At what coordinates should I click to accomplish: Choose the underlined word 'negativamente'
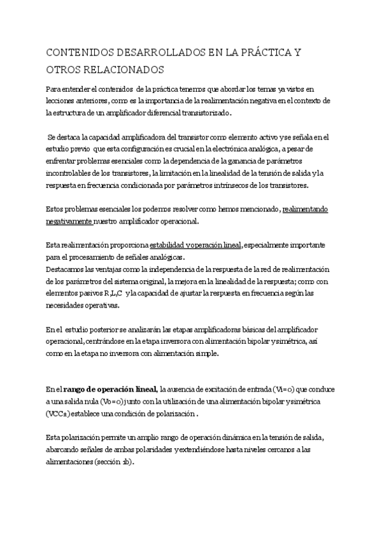(69, 221)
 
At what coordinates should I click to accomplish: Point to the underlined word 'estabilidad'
(169, 245)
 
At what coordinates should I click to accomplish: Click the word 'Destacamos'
(67, 268)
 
